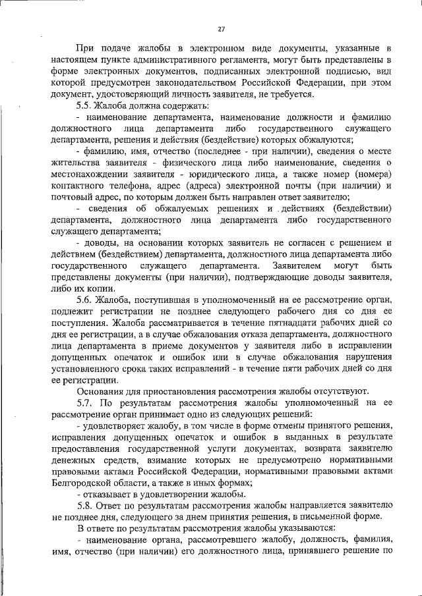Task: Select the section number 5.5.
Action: coord(86,105)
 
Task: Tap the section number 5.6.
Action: coord(86,300)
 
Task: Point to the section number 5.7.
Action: coord(86,402)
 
